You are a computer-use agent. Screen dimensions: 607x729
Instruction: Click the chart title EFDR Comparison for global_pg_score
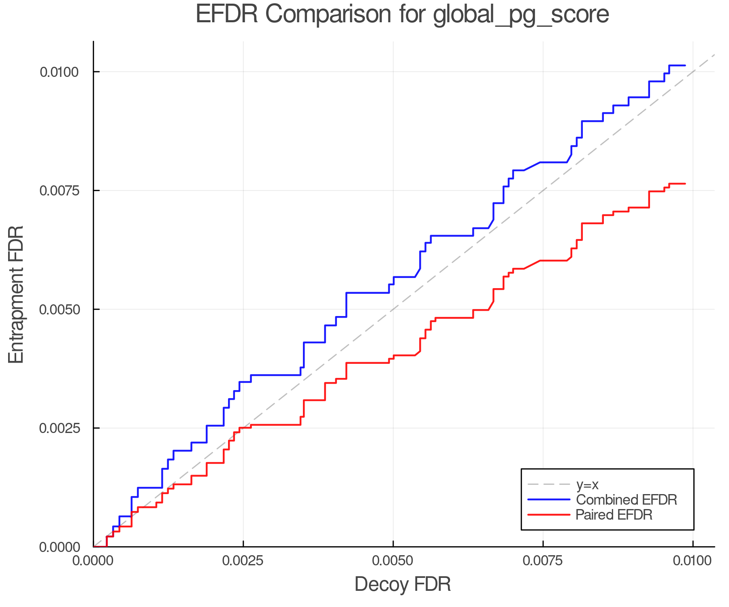click(402, 15)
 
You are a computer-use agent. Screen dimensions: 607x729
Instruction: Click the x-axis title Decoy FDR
click(403, 584)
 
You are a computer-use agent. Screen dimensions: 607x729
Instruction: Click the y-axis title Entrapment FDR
click(17, 294)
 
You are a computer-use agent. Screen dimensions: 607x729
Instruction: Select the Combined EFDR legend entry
click(626, 500)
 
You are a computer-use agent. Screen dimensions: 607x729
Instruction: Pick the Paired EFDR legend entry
click(614, 515)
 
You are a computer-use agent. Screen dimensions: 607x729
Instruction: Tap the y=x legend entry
click(587, 484)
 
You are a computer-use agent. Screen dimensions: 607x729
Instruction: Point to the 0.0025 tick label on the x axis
click(243, 561)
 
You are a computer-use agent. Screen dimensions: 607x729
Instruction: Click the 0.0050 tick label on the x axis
click(393, 561)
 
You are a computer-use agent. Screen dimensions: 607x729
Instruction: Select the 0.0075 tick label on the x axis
click(543, 561)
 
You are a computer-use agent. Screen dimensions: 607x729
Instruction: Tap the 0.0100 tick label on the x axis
click(693, 561)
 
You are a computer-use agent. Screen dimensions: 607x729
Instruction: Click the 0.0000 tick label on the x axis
click(93, 561)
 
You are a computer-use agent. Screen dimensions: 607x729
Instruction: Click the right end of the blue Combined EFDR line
click(685, 65)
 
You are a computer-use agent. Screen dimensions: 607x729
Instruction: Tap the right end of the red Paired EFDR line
click(685, 184)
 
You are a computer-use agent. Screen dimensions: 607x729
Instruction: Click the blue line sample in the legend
click(549, 500)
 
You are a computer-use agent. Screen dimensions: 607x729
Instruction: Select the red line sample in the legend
click(549, 515)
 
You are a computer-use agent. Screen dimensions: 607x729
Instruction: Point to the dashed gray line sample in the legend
click(549, 484)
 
